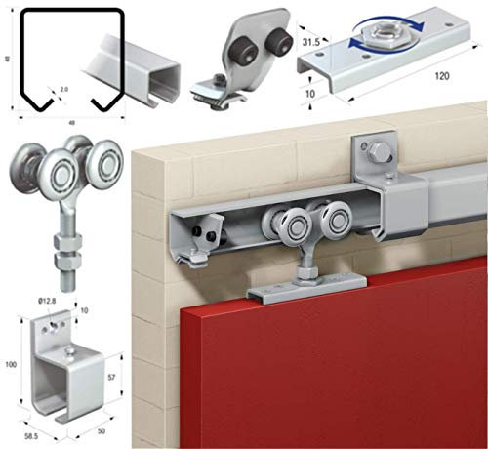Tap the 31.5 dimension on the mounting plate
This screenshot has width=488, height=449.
coord(312,43)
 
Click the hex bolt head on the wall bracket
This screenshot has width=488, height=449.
coord(378,152)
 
